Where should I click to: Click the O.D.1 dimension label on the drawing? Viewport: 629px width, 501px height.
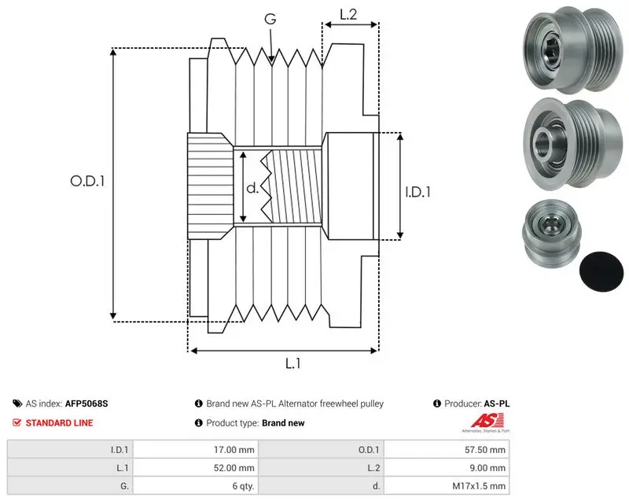tap(87, 181)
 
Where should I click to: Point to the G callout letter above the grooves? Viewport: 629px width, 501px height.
tap(270, 18)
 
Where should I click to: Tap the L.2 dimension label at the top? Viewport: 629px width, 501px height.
tap(348, 14)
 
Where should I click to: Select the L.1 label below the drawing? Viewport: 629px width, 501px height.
tap(292, 363)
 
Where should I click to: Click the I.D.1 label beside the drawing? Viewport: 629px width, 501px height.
tap(417, 192)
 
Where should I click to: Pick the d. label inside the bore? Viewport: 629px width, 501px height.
tap(252, 187)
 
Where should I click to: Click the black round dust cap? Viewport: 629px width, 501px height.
tap(601, 271)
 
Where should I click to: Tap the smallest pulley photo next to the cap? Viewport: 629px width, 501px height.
tap(552, 234)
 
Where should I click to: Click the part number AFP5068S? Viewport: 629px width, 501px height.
tap(86, 403)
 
